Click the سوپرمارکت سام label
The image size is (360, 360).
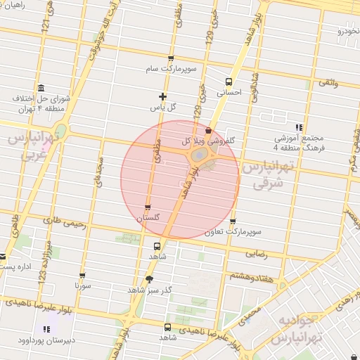pyautogui.click(x=171, y=70)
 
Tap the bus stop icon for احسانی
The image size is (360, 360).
pyautogui.click(x=229, y=82)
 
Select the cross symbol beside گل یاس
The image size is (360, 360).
pyautogui.click(x=163, y=96)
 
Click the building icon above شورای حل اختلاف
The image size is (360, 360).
pyautogui.click(x=40, y=89)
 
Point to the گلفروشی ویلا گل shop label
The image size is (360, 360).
pyautogui.click(x=208, y=141)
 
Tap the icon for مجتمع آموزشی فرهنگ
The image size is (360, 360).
pyautogui.click(x=299, y=127)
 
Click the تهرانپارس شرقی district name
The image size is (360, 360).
pyautogui.click(x=266, y=174)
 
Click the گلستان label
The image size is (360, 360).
pyautogui.click(x=148, y=219)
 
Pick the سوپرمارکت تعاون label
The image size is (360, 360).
pyautogui.click(x=233, y=232)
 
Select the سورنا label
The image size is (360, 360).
pyautogui.click(x=82, y=286)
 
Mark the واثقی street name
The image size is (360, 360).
pyautogui.click(x=328, y=84)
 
